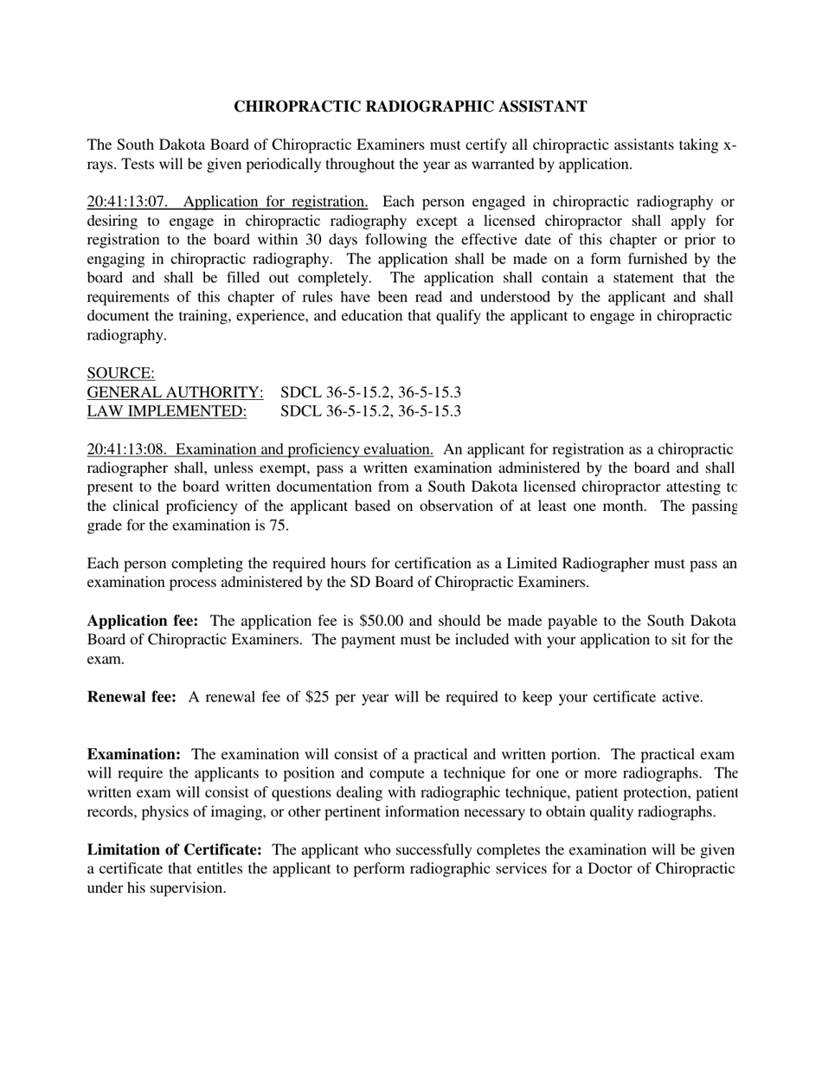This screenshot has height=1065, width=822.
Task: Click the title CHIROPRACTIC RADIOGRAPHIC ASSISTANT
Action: coord(410,106)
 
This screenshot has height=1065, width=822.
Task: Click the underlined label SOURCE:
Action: coord(121,373)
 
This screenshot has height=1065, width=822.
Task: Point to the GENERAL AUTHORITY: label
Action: coord(176,392)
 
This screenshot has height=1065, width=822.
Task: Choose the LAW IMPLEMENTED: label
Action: coord(167,411)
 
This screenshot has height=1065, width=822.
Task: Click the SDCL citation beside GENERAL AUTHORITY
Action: coord(370,392)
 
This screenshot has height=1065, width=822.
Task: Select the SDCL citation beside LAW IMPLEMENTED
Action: coord(370,411)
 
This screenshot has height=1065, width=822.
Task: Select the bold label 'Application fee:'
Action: coord(143,621)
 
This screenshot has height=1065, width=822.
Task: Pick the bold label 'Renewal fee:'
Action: coord(132,697)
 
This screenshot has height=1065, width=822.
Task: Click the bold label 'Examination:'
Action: coord(134,754)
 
